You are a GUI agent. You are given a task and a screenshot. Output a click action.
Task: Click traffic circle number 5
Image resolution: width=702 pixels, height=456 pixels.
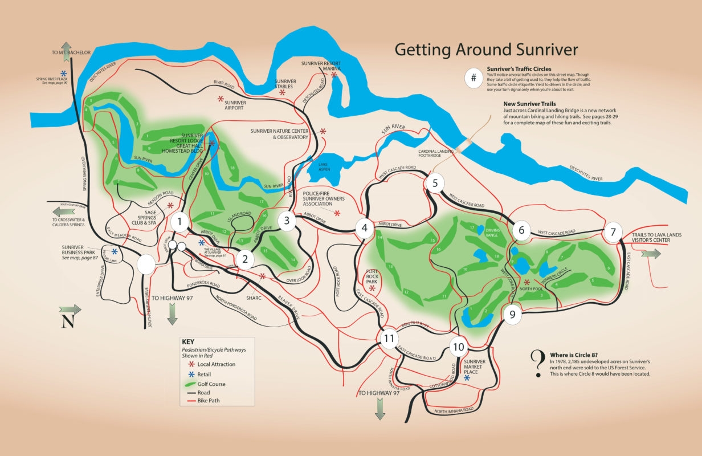tap(434, 183)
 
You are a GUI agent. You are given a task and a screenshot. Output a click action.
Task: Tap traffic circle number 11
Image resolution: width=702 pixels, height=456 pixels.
tap(389, 339)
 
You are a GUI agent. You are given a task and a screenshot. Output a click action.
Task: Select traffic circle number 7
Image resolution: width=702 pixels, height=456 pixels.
tap(613, 232)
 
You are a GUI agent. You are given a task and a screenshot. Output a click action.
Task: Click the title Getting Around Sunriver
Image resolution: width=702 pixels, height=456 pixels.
tap(486, 50)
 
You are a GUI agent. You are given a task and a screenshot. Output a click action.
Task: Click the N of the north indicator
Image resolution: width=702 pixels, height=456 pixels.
tap(68, 321)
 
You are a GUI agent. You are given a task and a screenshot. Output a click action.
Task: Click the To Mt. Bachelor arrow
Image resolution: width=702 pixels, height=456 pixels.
tap(67, 46)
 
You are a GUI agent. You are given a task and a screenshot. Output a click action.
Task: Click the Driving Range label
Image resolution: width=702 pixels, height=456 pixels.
tap(492, 232)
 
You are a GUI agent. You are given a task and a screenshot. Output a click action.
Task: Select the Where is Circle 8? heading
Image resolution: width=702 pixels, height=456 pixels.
tap(579, 354)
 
